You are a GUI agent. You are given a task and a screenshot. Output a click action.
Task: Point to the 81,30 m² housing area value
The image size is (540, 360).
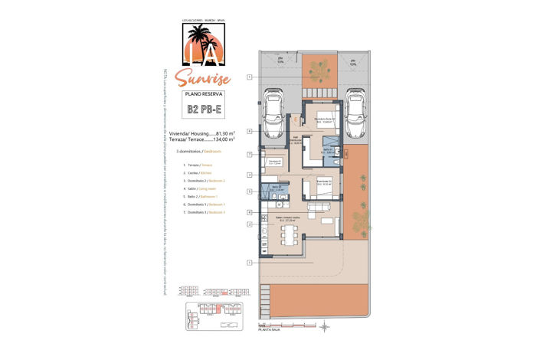coord(225,133)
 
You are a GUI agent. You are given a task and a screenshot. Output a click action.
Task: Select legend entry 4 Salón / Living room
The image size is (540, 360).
coord(198,188)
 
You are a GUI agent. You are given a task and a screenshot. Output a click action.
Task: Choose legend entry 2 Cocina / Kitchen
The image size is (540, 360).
coord(196,172)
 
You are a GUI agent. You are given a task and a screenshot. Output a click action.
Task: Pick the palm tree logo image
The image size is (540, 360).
coord(203,44)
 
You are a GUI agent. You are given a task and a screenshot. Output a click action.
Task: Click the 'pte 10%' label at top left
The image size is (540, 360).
coord(281,61)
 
